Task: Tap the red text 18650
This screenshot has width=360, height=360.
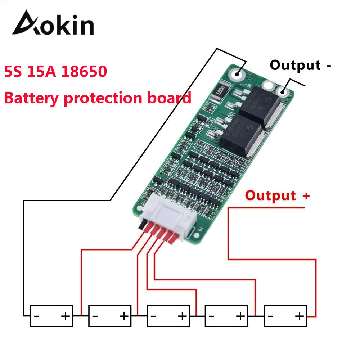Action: click(85, 72)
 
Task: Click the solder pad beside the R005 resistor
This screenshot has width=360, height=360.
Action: click(237, 74)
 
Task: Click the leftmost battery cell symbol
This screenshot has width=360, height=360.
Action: click(51, 316)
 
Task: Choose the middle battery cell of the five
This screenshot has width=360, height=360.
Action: click(168, 316)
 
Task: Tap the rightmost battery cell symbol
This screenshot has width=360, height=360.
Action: click(285, 316)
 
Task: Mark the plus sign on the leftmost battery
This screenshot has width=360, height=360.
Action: click(65, 316)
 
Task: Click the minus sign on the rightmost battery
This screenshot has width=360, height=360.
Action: click(271, 316)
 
